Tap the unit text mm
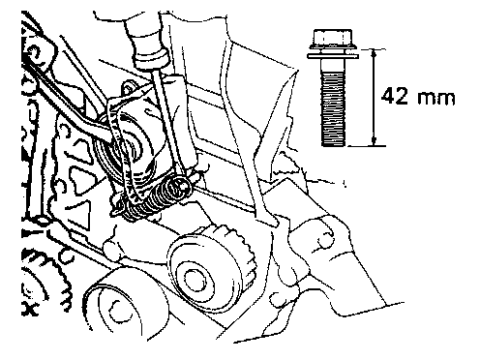436,98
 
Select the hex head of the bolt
333,39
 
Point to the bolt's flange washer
333,56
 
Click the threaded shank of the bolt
333,109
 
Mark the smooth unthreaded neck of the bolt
333,65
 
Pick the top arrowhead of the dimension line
374,53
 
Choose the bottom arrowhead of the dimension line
374,141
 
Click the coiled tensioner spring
152,200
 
